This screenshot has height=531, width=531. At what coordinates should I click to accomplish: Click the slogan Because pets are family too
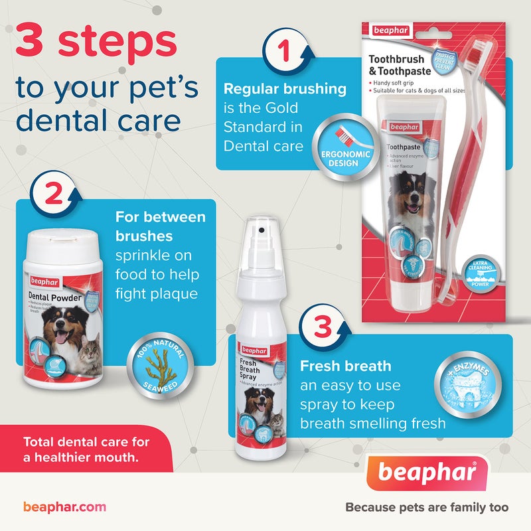pos(427,508)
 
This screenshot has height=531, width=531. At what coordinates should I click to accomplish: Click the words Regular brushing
pos(285,88)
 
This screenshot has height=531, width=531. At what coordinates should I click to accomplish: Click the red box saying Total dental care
pos(86,448)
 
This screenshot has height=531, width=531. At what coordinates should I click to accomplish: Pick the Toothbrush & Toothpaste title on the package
pos(401,64)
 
